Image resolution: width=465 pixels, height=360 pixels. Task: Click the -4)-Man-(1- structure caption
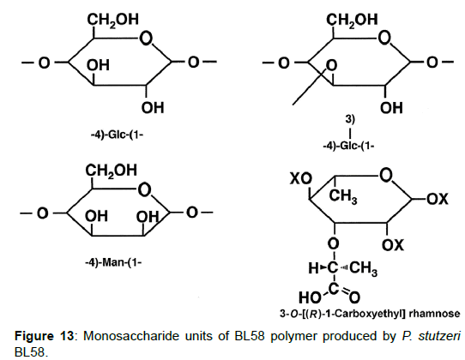(x=113, y=262)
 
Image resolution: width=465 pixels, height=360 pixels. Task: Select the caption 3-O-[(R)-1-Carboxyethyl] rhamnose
(x=370, y=314)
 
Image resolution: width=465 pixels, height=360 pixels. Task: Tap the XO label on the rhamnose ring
(x=301, y=178)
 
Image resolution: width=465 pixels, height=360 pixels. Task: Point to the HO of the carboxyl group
(x=310, y=297)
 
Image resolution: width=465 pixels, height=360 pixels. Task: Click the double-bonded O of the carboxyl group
(x=354, y=297)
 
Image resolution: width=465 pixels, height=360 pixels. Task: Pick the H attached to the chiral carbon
(x=313, y=268)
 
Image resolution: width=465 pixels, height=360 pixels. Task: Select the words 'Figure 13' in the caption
(x=44, y=336)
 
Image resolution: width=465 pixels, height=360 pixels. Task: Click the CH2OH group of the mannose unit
(x=112, y=171)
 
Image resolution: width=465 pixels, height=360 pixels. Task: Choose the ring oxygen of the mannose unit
(x=144, y=190)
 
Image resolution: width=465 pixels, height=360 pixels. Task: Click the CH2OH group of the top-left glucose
(x=112, y=20)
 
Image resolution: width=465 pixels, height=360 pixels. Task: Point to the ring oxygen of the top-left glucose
(x=146, y=39)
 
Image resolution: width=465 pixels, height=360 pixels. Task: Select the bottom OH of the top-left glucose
(x=153, y=108)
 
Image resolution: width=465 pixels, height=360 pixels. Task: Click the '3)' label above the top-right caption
(x=350, y=119)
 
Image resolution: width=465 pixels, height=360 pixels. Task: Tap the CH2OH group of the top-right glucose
(x=352, y=20)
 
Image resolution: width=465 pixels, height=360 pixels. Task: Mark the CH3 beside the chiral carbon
(x=363, y=268)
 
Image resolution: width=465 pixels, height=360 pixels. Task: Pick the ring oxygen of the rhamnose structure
(x=386, y=175)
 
